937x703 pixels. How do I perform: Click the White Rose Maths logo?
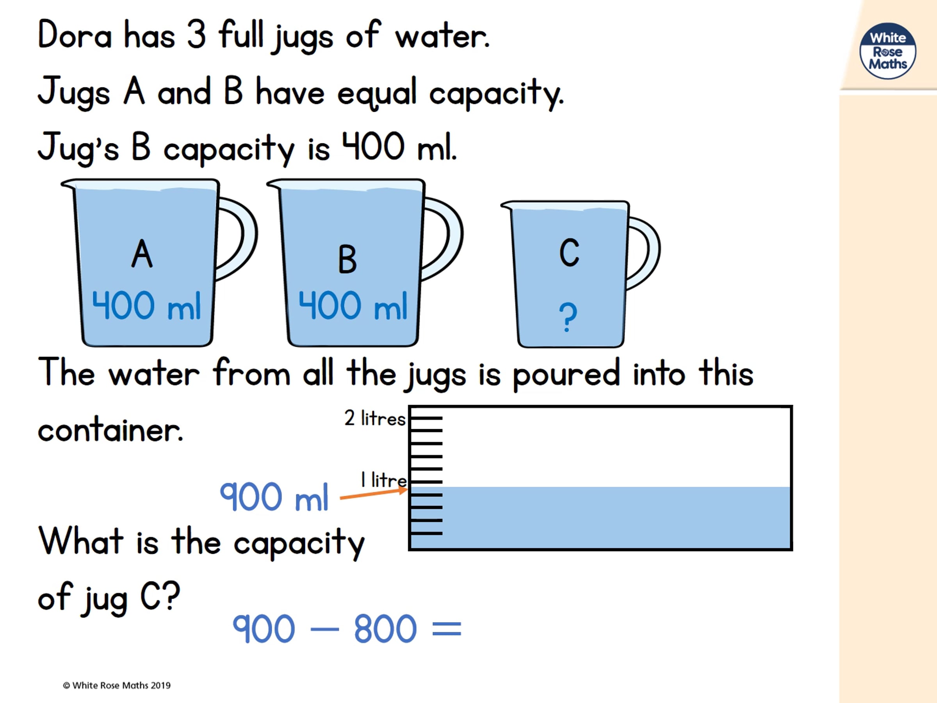pyautogui.click(x=887, y=51)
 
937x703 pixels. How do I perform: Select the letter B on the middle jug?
pyautogui.click(x=347, y=259)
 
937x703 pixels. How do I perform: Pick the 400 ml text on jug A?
pyautogui.click(x=146, y=305)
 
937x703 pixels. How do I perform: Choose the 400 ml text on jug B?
pyautogui.click(x=353, y=305)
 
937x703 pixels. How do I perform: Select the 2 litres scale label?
pyautogui.click(x=375, y=418)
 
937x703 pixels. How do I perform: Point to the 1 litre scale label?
pyautogui.click(x=383, y=480)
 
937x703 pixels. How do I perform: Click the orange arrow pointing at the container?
pyautogui.click(x=374, y=494)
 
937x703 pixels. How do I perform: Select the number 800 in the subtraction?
pyautogui.click(x=385, y=628)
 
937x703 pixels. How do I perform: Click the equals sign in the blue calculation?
pyautogui.click(x=447, y=629)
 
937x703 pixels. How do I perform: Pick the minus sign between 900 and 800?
pyautogui.click(x=324, y=629)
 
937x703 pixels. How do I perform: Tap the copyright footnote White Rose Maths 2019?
pyautogui.click(x=116, y=685)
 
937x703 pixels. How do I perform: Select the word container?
pyautogui.click(x=110, y=430)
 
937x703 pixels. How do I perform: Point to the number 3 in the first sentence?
pyautogui.click(x=196, y=34)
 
